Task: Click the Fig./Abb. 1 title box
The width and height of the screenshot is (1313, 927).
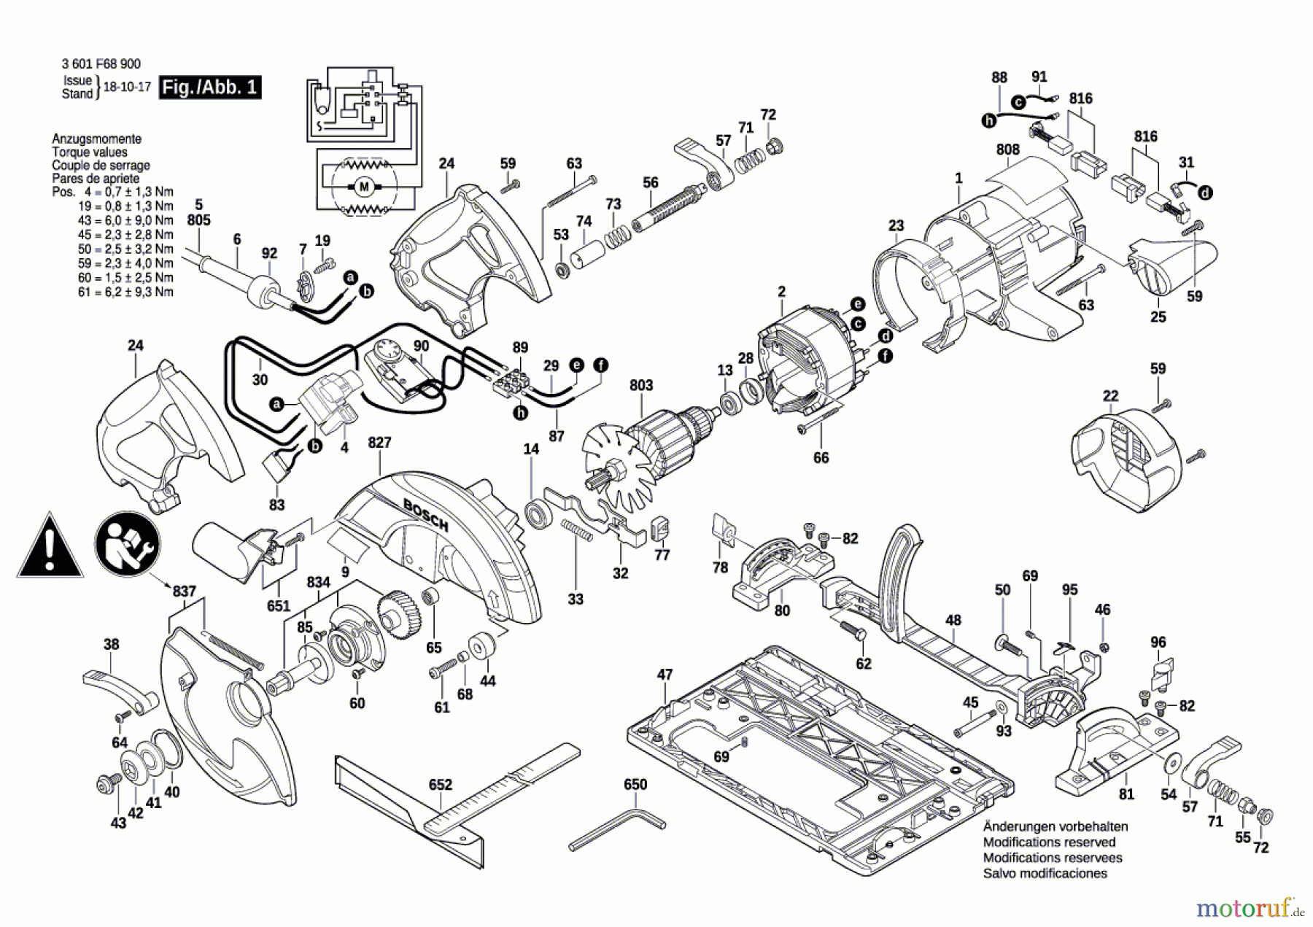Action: pyautogui.click(x=210, y=88)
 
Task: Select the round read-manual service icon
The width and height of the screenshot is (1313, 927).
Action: pyautogui.click(x=127, y=545)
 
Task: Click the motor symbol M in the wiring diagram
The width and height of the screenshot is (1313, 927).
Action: pyautogui.click(x=364, y=187)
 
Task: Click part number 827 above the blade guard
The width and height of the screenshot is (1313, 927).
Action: pyautogui.click(x=379, y=443)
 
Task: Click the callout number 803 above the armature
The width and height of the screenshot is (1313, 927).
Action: pyautogui.click(x=641, y=385)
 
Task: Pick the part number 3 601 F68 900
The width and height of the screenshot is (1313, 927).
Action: pyautogui.click(x=101, y=64)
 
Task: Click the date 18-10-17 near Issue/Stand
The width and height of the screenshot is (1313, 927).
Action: pyautogui.click(x=127, y=87)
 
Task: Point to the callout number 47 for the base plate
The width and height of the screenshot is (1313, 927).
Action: pyautogui.click(x=665, y=675)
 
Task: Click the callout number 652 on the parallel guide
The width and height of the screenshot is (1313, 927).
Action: pyautogui.click(x=441, y=785)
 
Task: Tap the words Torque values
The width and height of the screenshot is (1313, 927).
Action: pyautogui.click(x=90, y=152)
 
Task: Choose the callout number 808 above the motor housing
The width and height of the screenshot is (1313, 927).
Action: pyautogui.click(x=1007, y=150)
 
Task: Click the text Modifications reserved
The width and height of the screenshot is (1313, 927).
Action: pyautogui.click(x=1049, y=842)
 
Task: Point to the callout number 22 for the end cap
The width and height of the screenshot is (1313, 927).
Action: pyautogui.click(x=1110, y=396)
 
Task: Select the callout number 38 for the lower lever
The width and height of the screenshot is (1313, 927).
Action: pyautogui.click(x=111, y=644)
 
